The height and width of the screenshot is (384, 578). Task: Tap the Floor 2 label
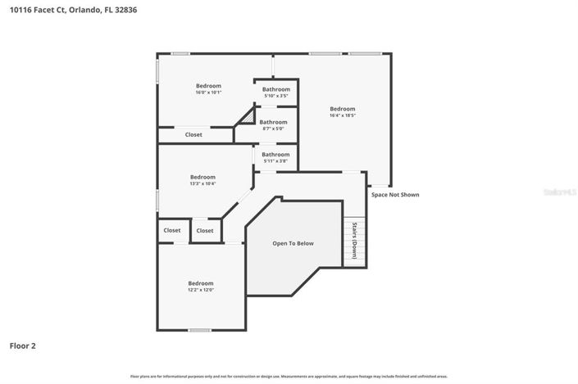22,346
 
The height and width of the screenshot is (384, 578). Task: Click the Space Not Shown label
395,195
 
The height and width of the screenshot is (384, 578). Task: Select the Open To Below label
293,243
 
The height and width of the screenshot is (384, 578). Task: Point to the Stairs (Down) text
354,241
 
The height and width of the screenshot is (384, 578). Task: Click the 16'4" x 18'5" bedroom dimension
343,116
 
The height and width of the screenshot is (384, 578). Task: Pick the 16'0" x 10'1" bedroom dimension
208,93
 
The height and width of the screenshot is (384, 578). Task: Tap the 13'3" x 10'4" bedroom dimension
203,184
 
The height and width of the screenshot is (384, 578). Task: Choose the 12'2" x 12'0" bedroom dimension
200,290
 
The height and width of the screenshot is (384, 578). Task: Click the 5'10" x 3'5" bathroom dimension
276,96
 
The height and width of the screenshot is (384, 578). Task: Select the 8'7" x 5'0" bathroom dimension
273,129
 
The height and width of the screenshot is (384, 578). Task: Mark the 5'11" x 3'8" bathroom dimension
275,161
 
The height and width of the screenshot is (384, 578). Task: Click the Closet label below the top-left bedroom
193,134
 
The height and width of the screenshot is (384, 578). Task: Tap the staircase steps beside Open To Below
353,242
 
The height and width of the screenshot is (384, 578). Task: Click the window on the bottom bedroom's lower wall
199,330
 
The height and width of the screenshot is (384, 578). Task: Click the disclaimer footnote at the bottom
289,376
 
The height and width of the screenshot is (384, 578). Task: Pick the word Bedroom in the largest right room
343,109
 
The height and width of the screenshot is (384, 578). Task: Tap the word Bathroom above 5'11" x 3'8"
275,154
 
